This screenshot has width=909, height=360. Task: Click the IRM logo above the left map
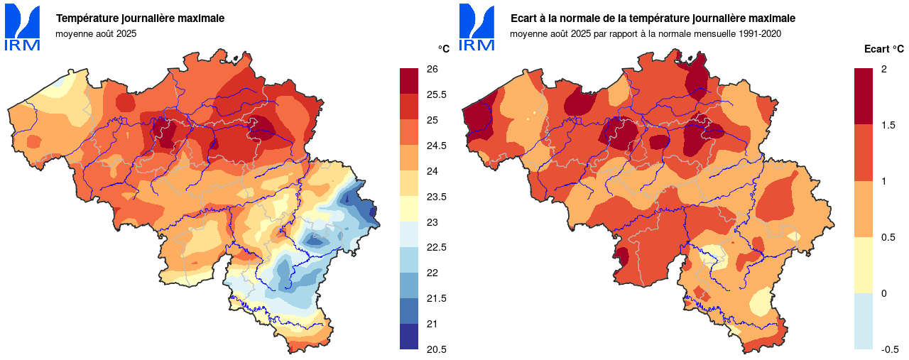tap(23, 28)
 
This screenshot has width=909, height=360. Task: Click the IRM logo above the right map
tap(477, 28)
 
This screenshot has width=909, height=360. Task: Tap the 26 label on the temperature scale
tap(432, 69)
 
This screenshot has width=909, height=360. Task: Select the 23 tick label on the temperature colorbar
tap(432, 222)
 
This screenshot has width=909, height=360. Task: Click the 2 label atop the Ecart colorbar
tap(883, 69)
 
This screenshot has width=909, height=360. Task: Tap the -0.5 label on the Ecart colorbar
tap(890, 349)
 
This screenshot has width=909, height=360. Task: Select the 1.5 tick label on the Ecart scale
tap(887, 125)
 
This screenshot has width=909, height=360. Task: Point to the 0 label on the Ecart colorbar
tap(883, 293)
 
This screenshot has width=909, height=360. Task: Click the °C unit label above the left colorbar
tap(443, 49)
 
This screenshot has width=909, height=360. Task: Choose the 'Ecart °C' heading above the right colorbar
tap(883, 49)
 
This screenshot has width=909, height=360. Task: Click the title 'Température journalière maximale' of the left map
tap(140, 18)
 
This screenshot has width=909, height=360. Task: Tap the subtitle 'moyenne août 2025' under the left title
tap(96, 33)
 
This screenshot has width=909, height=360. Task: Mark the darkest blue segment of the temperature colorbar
tap(410, 337)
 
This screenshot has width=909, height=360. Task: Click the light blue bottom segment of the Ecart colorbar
tap(864, 321)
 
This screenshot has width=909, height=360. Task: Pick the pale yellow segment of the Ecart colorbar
tap(864, 265)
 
